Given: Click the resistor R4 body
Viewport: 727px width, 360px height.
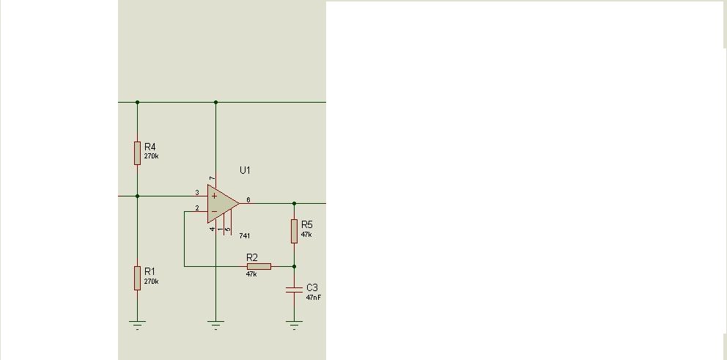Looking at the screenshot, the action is (137, 153).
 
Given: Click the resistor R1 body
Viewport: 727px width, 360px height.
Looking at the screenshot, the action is (137, 278).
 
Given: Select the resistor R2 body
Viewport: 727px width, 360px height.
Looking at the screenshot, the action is (259, 266).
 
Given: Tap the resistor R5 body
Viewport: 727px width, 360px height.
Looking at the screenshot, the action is (294, 230).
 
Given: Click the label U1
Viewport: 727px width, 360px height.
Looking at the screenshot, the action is (245, 170).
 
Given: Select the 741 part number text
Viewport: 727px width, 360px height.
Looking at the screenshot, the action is (244, 236).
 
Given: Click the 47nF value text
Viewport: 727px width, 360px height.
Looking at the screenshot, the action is (314, 298).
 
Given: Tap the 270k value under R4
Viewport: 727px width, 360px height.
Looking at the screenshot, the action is (152, 156).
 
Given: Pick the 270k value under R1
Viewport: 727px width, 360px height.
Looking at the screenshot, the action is (152, 282).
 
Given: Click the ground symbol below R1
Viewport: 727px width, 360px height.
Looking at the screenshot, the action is (137, 325).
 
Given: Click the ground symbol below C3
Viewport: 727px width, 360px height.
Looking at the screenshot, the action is (294, 325).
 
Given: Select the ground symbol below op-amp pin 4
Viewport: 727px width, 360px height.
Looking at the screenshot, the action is (215, 325).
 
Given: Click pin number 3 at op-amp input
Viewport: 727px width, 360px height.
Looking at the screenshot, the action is (196, 193).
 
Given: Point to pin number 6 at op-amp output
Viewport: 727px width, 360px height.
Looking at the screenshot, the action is (248, 199).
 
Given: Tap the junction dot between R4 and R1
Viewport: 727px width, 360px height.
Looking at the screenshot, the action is (137, 196).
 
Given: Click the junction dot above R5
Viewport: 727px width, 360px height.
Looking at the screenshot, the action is (294, 203).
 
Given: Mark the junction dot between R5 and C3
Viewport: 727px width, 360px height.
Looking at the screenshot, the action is (294, 266).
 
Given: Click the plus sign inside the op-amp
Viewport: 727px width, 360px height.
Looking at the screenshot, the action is (214, 196).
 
